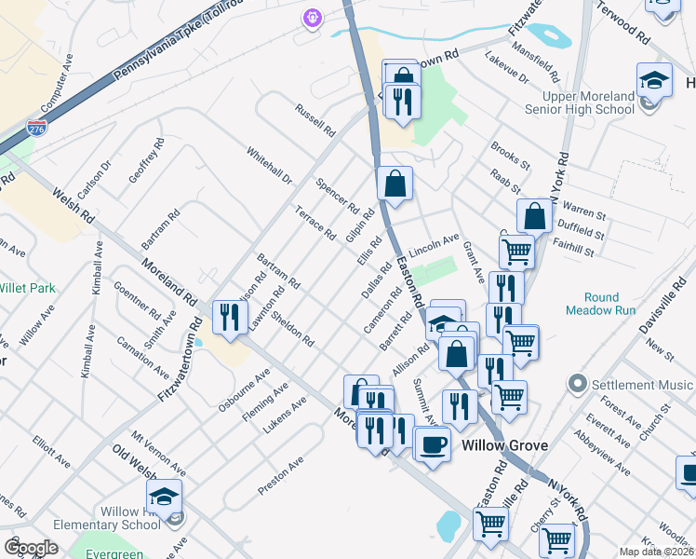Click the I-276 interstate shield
[37, 129]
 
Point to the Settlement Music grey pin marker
[578, 384]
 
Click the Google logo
[32, 548]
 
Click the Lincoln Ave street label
[434, 246]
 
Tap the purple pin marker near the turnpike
[311, 17]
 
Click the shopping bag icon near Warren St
[535, 216]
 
